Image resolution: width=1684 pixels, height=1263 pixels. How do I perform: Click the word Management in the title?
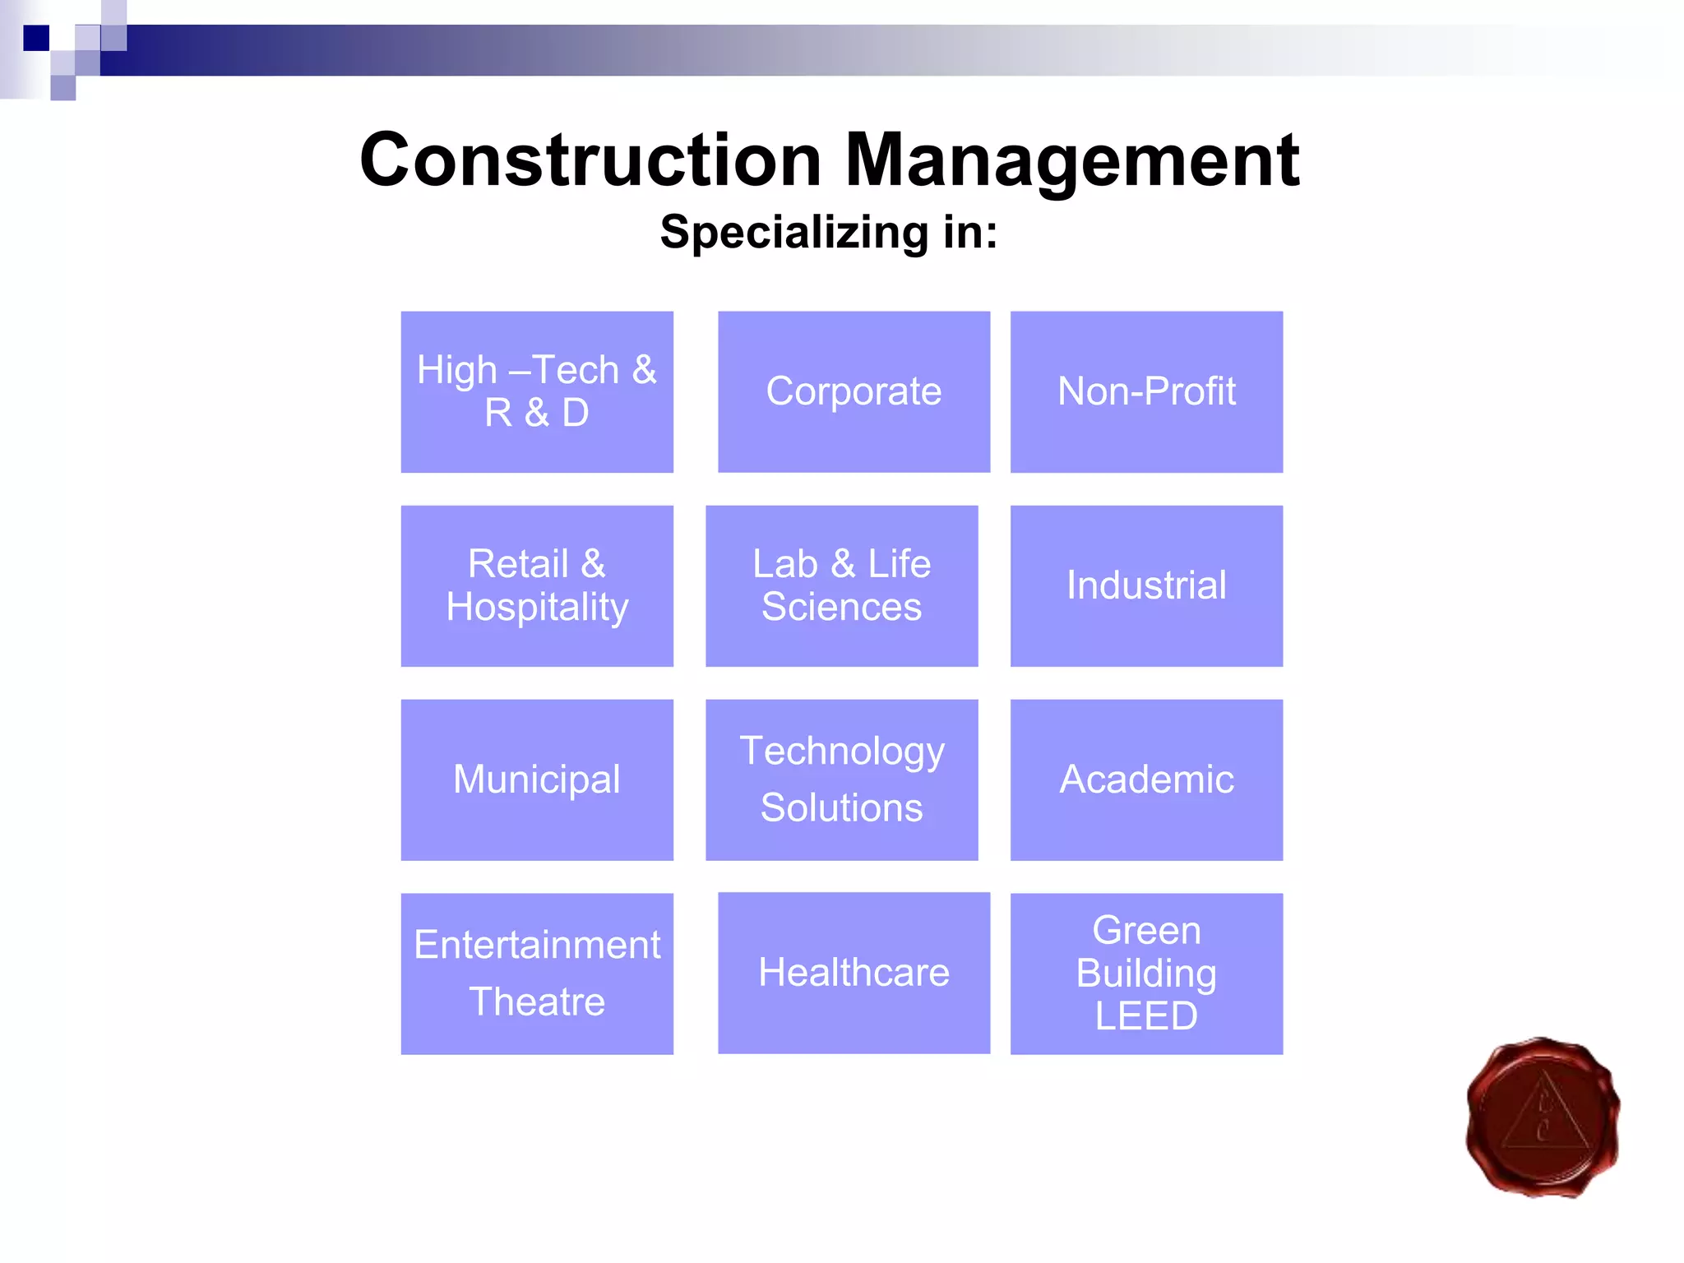pyautogui.click(x=1072, y=161)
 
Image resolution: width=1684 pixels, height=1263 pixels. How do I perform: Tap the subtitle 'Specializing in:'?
pyautogui.click(x=829, y=232)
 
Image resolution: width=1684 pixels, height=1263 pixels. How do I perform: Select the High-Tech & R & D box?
pyautogui.click(x=537, y=391)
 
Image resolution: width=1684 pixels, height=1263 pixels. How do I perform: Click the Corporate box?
pyautogui.click(x=854, y=391)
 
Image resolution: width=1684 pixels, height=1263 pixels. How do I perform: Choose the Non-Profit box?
pyautogui.click(x=1146, y=391)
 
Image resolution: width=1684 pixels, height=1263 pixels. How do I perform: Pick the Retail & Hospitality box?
pyautogui.click(x=537, y=585)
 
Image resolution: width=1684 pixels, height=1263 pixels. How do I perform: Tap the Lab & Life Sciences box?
pyautogui.click(x=841, y=585)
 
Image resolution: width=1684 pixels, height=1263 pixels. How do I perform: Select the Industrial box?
pyautogui.click(x=1146, y=585)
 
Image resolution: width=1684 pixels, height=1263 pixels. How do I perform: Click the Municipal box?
pyautogui.click(x=537, y=780)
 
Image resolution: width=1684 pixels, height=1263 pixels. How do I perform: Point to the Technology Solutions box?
pyautogui.click(x=841, y=780)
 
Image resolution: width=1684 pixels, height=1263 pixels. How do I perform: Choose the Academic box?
pyautogui.click(x=1146, y=780)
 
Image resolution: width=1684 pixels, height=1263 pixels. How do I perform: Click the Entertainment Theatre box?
pyautogui.click(x=537, y=974)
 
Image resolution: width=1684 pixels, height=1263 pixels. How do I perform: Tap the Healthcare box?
pyautogui.click(x=854, y=973)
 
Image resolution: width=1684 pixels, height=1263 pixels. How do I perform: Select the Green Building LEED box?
pyautogui.click(x=1146, y=974)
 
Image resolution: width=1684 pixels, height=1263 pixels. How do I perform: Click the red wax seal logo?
pyautogui.click(x=1543, y=1117)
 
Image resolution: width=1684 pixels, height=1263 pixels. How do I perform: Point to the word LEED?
pyautogui.click(x=1146, y=1016)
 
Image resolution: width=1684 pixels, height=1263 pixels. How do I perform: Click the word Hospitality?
pyautogui.click(x=537, y=608)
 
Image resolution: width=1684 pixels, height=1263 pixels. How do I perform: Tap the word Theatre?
pyautogui.click(x=537, y=1002)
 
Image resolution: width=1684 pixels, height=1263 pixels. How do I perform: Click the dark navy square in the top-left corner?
pyautogui.click(x=36, y=38)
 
